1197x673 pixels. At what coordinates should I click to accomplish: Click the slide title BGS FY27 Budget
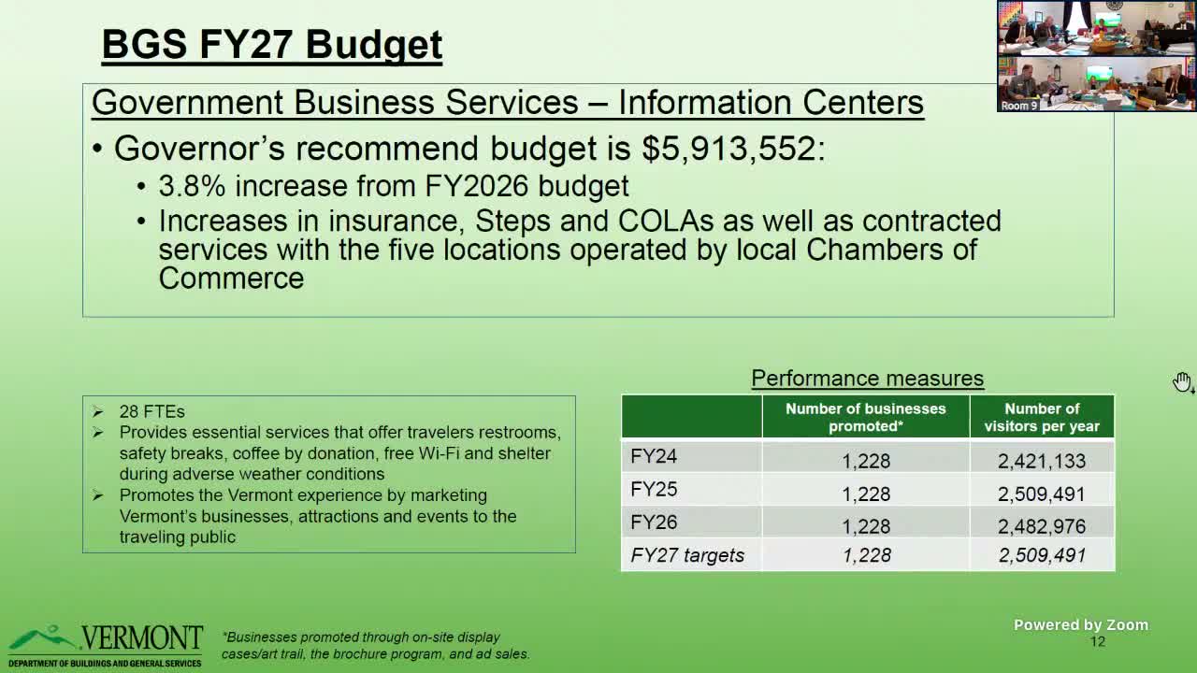point(271,45)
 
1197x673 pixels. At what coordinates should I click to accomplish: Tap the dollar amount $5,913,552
point(728,149)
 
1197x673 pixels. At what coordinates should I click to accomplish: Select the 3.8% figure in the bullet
point(192,186)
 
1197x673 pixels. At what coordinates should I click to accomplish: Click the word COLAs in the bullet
point(665,222)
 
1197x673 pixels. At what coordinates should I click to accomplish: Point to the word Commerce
point(231,279)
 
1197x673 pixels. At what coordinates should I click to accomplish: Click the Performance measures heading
point(867,379)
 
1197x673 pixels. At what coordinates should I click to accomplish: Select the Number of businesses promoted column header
point(865,417)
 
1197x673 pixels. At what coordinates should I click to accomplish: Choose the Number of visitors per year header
point(1041,417)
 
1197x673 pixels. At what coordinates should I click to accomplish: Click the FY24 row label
point(654,457)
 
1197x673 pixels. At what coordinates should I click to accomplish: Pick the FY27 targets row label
point(687,555)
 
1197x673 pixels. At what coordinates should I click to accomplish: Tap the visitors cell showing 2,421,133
point(1041,461)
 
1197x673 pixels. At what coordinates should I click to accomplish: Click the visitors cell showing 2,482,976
point(1041,526)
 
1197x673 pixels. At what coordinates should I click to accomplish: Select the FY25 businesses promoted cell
point(866,494)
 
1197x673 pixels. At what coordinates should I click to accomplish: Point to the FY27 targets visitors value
point(1041,555)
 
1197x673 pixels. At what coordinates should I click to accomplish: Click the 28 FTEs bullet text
point(151,411)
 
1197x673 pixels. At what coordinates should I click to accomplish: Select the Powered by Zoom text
point(1080,625)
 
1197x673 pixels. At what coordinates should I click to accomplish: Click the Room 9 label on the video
point(1018,106)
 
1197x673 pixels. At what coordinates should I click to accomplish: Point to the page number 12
point(1097,641)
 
